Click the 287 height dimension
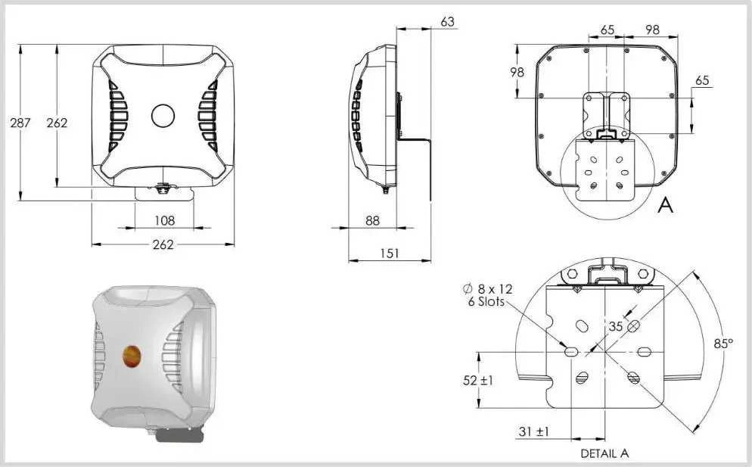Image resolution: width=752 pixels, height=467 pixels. click(20, 123)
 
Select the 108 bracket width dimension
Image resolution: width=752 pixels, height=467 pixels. click(164, 221)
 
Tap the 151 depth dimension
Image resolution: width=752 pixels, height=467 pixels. click(389, 253)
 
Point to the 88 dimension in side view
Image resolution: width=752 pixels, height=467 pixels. click(372, 220)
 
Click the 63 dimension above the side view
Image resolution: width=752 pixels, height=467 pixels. click(447, 22)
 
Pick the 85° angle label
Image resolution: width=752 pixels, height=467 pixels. click(723, 344)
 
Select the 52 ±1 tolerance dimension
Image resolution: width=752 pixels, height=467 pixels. click(477, 381)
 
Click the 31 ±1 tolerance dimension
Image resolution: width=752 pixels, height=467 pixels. click(534, 431)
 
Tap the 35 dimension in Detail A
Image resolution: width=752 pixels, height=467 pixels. click(616, 326)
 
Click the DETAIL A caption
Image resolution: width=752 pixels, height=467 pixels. click(604, 453)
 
